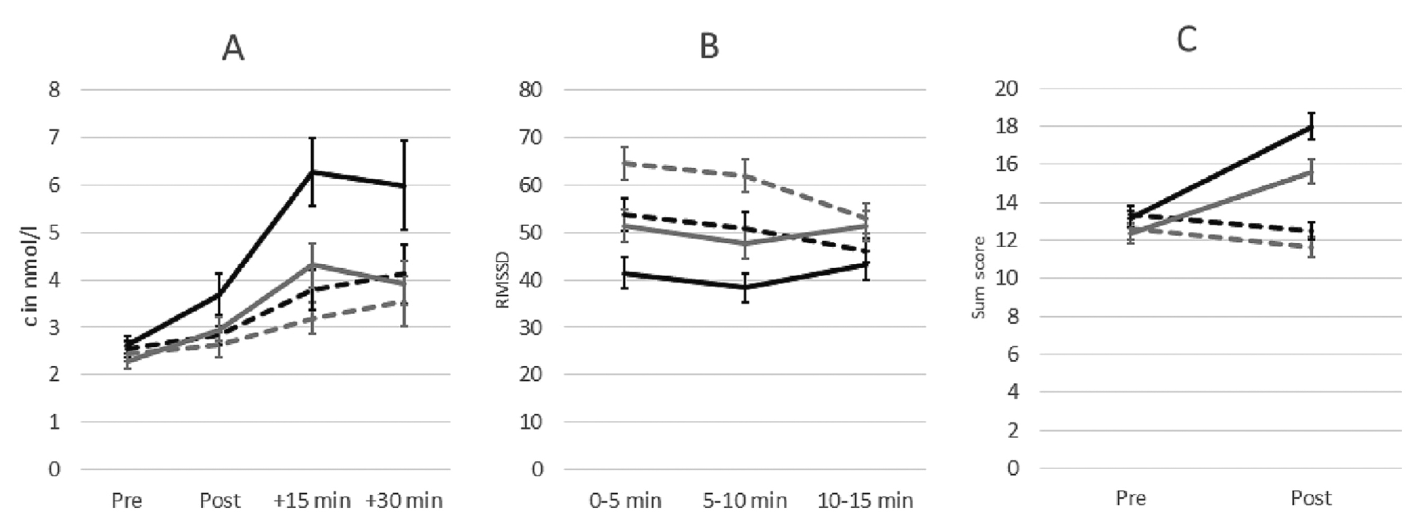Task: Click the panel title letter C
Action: pos(1186,39)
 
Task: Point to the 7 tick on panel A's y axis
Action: pos(53,137)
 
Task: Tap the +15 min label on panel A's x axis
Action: pos(312,500)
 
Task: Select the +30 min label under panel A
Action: pos(404,500)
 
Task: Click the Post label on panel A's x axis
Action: pos(220,500)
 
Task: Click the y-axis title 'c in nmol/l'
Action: pos(32,282)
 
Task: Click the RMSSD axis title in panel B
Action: pos(503,280)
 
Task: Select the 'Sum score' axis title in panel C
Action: pos(978,278)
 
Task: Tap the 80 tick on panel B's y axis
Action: pos(531,89)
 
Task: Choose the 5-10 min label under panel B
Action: pos(745,500)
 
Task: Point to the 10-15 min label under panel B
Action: pos(865,500)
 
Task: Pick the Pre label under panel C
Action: pos(1131,498)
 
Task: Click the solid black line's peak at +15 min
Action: pos(312,172)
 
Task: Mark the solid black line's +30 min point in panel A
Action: pos(404,186)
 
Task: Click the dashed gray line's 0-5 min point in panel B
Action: pos(625,163)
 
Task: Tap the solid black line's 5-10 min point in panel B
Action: pos(745,287)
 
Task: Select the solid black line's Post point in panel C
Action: pos(1311,126)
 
